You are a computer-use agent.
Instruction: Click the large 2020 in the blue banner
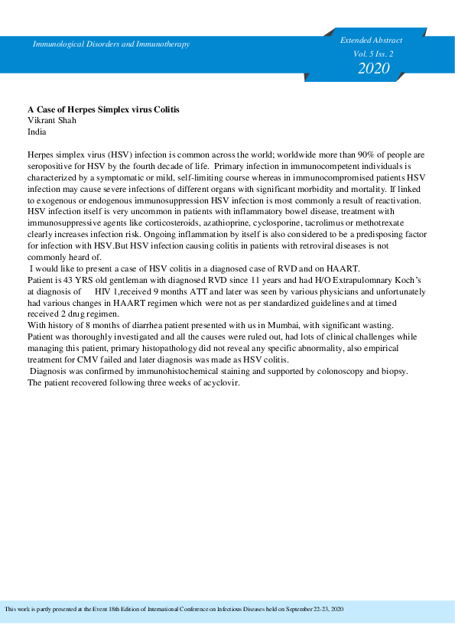373,68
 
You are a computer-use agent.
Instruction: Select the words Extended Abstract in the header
372,40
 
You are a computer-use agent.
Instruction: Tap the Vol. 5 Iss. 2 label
372,54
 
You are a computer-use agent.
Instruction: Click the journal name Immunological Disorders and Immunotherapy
111,44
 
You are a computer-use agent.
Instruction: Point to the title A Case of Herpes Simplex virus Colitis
103,109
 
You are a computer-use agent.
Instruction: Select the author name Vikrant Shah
53,121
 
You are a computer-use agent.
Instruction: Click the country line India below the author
37,132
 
